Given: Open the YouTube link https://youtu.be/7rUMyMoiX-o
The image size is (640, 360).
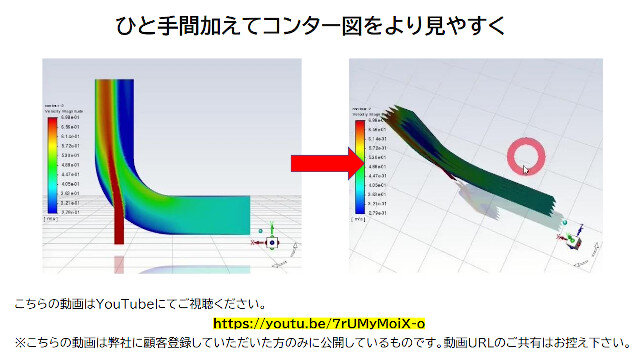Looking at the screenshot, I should (x=319, y=323).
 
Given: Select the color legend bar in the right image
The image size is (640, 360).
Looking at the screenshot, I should (x=359, y=166).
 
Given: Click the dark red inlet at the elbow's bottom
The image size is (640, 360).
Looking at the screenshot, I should (x=121, y=230).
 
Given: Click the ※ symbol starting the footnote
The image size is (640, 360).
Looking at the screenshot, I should (x=19, y=341).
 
